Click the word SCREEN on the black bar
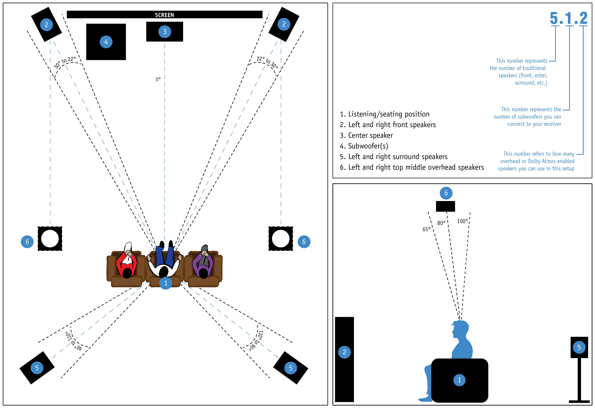pyautogui.click(x=164, y=15)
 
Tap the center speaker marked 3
pyautogui.click(x=165, y=31)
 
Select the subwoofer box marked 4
pyautogui.click(x=106, y=42)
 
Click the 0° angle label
pyautogui.click(x=158, y=79)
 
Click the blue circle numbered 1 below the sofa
pyautogui.click(x=166, y=283)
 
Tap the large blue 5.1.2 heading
pyautogui.click(x=568, y=18)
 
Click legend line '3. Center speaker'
pyautogui.click(x=366, y=135)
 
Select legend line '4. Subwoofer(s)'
pyautogui.click(x=364, y=146)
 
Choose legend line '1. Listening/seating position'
pyautogui.click(x=385, y=114)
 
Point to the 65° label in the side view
pyautogui.click(x=426, y=229)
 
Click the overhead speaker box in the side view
pyautogui.click(x=446, y=206)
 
